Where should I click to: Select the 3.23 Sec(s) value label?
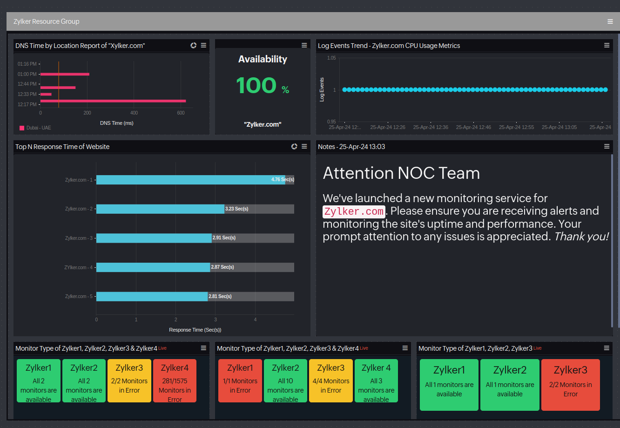(x=236, y=209)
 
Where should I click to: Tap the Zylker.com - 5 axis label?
(x=79, y=296)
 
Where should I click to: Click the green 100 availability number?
(x=256, y=85)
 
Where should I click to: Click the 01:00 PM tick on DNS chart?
(x=27, y=74)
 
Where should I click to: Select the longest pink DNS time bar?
(x=113, y=101)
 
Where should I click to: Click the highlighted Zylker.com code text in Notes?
(x=354, y=211)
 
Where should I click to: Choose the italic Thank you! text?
(x=581, y=237)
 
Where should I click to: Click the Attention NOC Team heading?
(x=401, y=173)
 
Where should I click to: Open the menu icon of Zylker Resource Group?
(x=610, y=21)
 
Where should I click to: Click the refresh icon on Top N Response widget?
(x=294, y=146)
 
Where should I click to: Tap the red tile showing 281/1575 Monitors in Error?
(x=175, y=380)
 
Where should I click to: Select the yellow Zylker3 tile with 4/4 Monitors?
(x=330, y=380)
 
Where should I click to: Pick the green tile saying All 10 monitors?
(x=285, y=380)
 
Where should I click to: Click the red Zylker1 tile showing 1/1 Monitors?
(x=240, y=380)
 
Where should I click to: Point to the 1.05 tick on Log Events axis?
(x=331, y=58)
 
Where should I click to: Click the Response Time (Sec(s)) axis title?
(x=195, y=330)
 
